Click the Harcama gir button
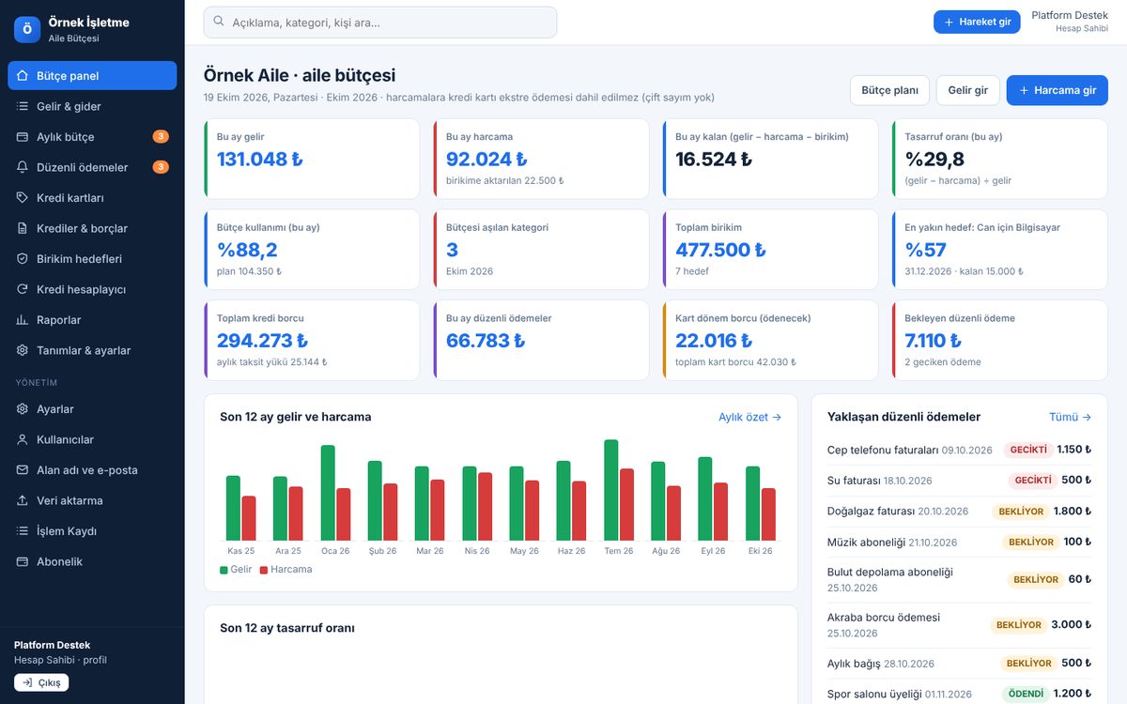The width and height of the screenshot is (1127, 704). coord(1058,90)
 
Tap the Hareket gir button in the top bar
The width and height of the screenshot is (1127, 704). coord(977,23)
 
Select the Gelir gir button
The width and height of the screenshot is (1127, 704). coord(967,90)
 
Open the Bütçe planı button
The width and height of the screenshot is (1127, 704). coord(889,90)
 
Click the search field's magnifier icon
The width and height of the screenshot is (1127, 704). coord(218,21)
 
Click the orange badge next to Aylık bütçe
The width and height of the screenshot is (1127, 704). coord(161,136)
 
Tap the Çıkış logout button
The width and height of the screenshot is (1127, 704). coord(41,682)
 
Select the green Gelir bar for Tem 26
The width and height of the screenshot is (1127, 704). coord(610,490)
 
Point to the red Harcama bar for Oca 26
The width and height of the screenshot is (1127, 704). coord(343,514)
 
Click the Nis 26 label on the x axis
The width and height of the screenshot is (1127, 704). coord(476,551)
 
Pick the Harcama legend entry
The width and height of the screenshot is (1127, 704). coord(286,569)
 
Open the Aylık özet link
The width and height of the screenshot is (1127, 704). coord(749,417)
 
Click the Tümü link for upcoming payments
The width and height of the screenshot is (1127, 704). coord(1070,417)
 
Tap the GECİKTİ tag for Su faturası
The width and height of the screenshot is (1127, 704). coord(1032,481)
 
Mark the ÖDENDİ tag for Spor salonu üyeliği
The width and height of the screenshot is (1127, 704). coord(1026,694)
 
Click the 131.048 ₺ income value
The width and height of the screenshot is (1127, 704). coord(259,160)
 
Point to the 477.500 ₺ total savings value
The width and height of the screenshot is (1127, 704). coord(720,250)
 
